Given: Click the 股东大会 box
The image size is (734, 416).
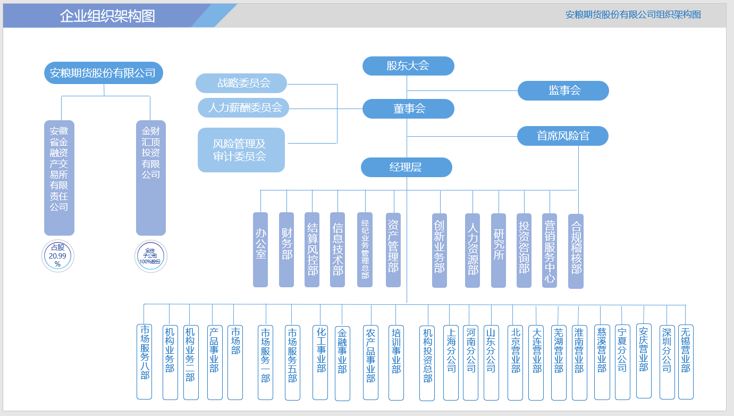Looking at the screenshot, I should coord(408,66).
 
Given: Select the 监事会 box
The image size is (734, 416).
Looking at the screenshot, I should coord(563,90).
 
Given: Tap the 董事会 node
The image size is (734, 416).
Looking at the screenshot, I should coord(408,109).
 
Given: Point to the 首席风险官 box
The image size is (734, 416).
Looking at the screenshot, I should coord(562,136).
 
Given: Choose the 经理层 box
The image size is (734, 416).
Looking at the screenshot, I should coord(406,167).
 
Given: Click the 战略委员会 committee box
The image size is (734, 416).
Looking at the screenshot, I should coord(241,83).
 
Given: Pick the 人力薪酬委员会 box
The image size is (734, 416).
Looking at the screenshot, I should coord(243,107).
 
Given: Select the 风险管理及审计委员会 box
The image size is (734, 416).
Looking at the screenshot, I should coord(241,150).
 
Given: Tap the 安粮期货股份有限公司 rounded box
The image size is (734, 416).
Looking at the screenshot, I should coord(103,73).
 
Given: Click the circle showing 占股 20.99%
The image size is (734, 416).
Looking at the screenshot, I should coord(58,256).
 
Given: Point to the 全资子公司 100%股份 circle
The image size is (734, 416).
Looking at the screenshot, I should coord(150,256).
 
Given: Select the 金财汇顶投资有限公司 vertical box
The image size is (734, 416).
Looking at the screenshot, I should coord(150,178).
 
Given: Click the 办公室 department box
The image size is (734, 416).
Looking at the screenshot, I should coord(260,249).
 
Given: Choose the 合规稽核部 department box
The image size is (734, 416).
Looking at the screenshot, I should coord(576,251).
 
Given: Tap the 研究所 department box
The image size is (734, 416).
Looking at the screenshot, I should coord(498,250).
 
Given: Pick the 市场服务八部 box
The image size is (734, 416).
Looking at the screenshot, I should coord(144,362).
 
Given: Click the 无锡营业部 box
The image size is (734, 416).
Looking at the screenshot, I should coord(686,362).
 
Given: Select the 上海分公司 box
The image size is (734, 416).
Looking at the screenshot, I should coord(451,362).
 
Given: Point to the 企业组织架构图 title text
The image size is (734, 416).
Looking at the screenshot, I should coord(107,16).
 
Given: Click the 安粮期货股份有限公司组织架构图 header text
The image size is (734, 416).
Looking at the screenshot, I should coord(632,15).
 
